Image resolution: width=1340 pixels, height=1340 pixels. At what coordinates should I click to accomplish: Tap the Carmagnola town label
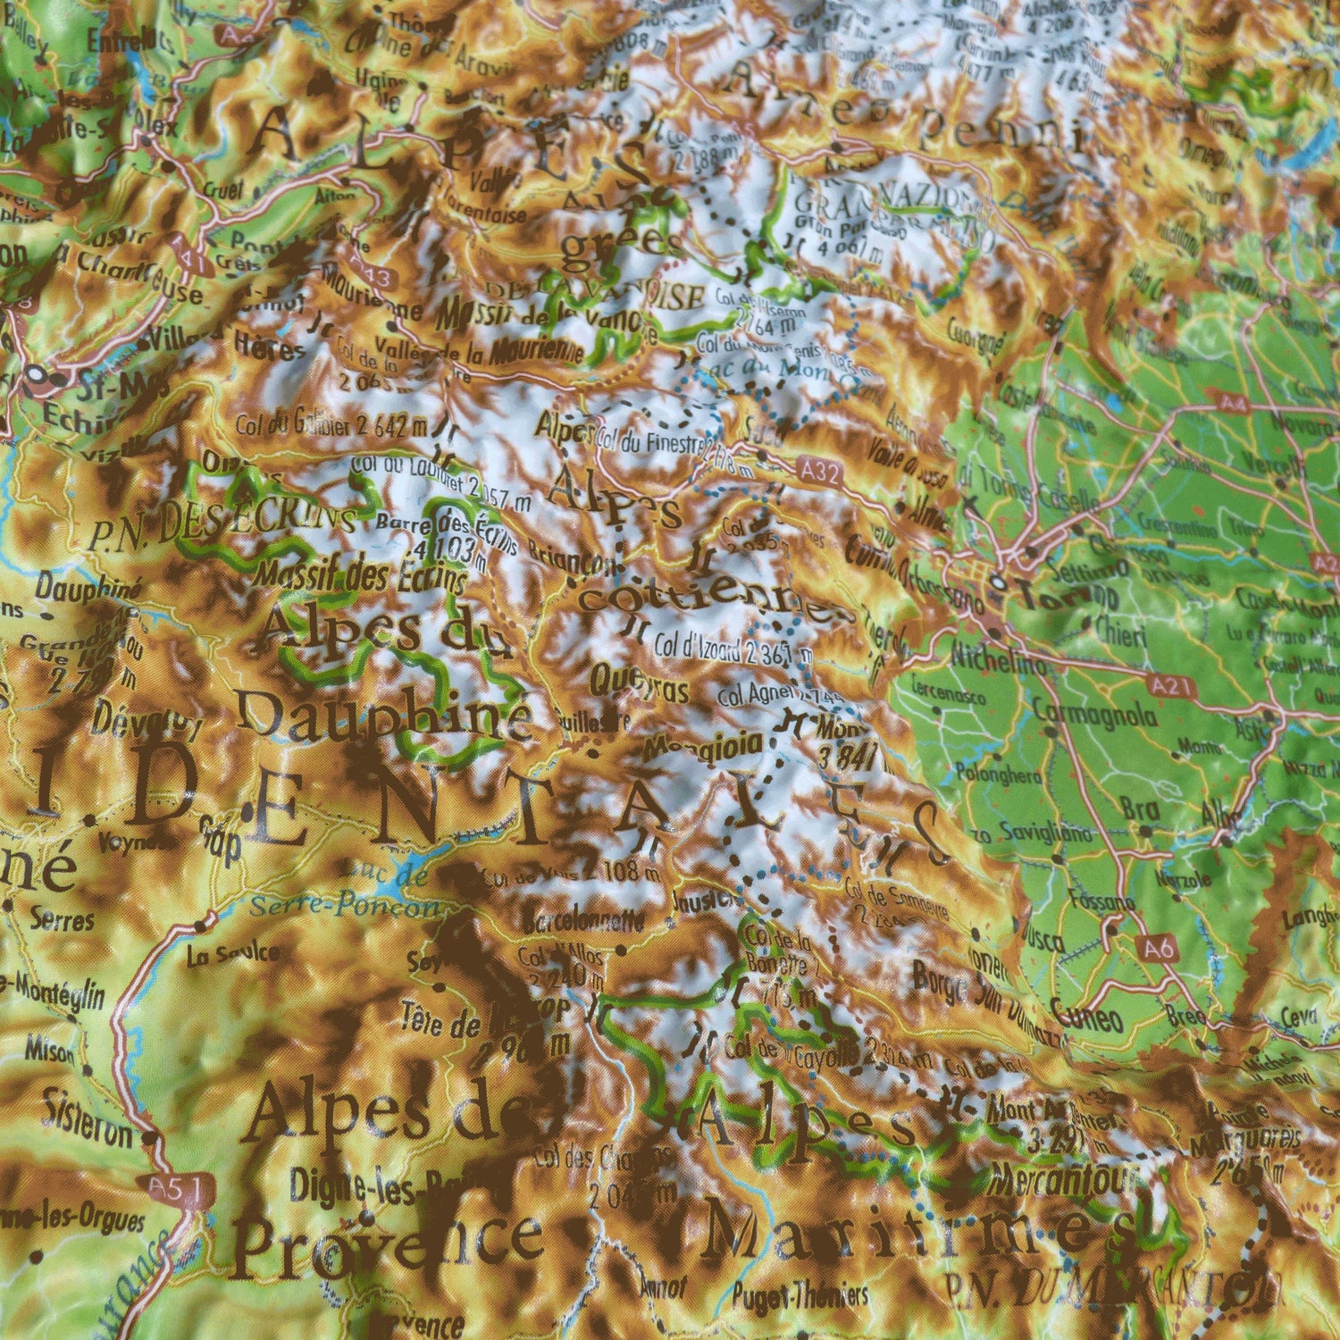[x=1094, y=715]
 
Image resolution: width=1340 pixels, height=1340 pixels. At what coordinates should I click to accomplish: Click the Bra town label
[x=1140, y=809]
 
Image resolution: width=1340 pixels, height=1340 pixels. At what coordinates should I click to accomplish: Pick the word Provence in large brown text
[x=389, y=1244]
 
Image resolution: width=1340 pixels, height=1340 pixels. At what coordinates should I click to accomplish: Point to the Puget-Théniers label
[x=800, y=1294]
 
